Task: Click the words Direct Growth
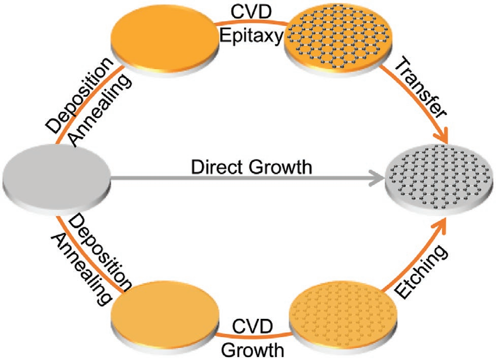(251, 167)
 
